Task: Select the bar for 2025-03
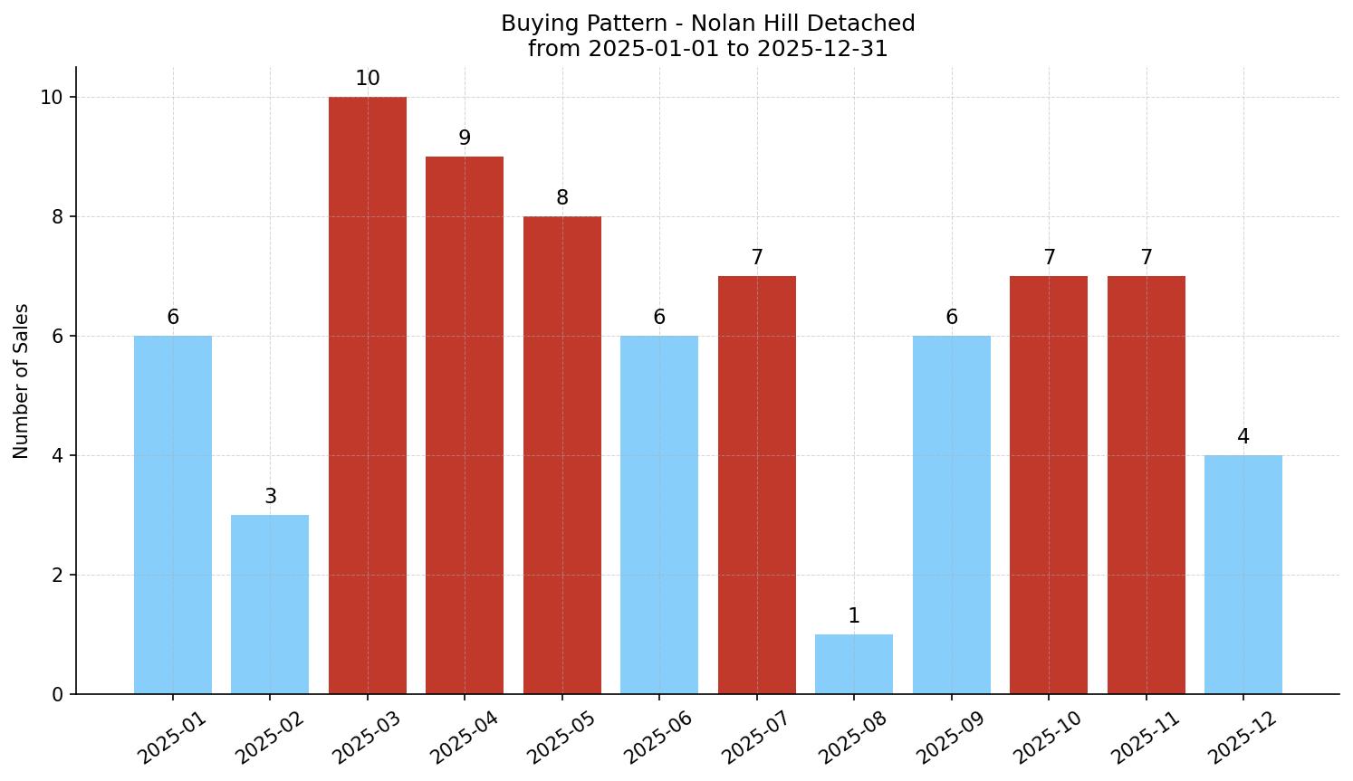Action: point(367,395)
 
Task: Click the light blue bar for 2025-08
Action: point(853,664)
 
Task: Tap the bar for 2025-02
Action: point(270,605)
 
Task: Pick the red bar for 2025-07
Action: point(756,485)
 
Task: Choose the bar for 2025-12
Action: point(1243,575)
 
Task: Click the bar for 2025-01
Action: point(172,515)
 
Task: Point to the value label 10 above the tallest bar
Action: point(367,79)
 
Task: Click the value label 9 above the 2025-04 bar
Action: point(465,138)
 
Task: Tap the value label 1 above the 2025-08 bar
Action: point(853,616)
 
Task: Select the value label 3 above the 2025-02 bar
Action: point(270,497)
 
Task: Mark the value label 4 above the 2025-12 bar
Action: point(1243,437)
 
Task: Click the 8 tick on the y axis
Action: point(57,217)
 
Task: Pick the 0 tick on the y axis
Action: point(57,695)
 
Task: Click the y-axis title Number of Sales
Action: point(22,381)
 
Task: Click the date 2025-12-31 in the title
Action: point(822,49)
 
